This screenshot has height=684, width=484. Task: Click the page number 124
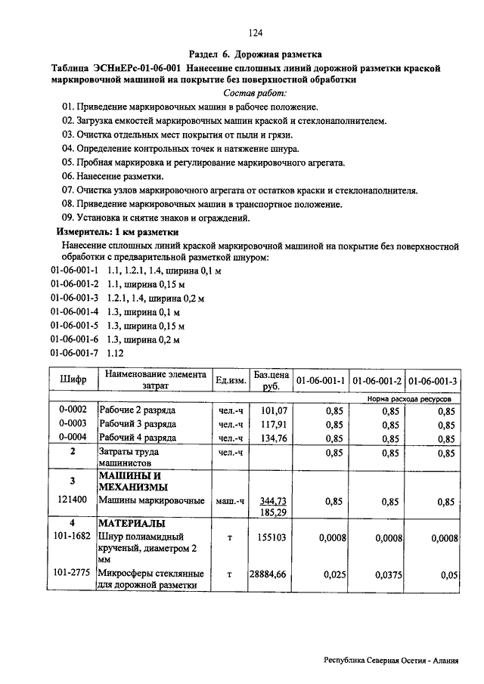click(255, 32)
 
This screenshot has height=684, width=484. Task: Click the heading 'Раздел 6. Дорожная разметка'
click(256, 54)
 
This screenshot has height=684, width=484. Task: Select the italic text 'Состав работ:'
click(256, 92)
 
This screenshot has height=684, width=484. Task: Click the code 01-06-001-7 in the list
click(74, 353)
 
